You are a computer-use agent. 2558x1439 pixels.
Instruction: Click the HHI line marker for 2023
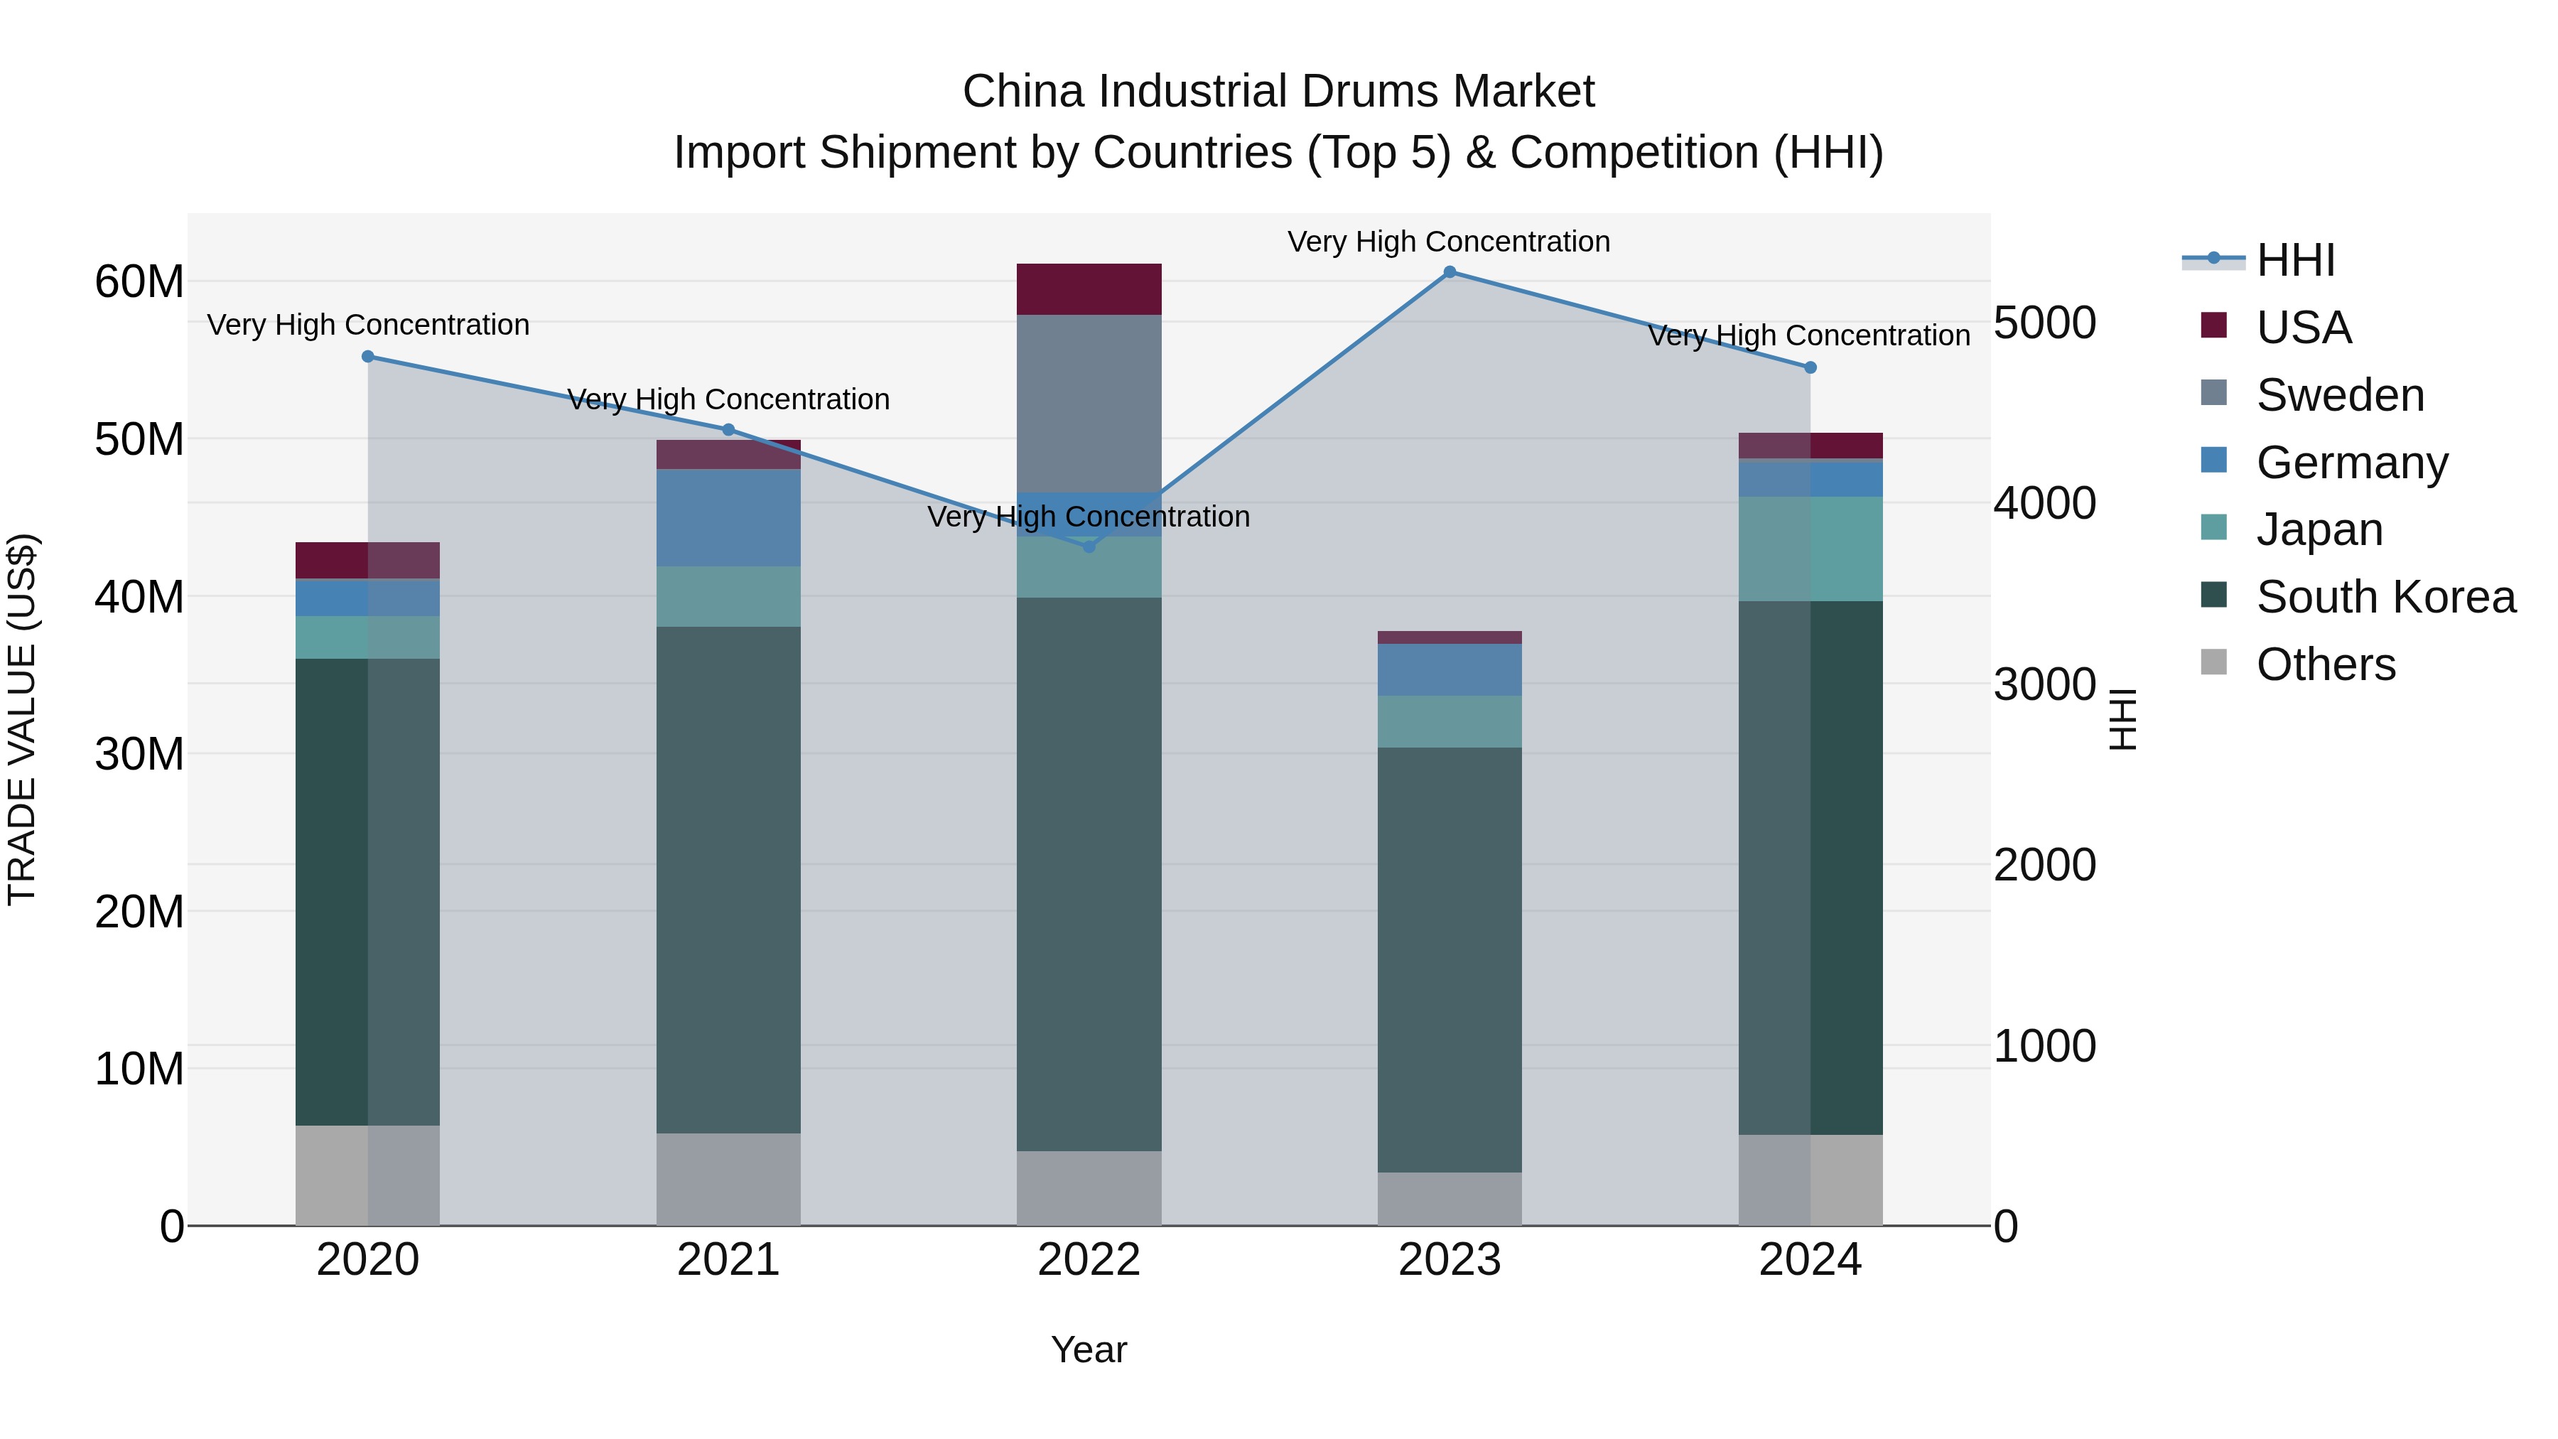click(1449, 272)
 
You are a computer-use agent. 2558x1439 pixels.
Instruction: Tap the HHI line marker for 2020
click(367, 357)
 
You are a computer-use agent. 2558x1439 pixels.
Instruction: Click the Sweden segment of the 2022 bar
click(1089, 402)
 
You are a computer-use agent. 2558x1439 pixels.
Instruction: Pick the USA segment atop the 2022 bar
click(1089, 289)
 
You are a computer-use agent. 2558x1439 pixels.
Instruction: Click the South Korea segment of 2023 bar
click(1449, 959)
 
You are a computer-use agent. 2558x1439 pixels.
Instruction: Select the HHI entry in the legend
click(2294, 260)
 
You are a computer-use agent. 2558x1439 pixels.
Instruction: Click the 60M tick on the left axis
click(139, 282)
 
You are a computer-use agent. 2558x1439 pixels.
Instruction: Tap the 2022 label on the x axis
click(1089, 1260)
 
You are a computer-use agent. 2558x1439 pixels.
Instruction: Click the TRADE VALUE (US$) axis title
click(22, 719)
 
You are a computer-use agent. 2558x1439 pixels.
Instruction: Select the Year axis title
click(1089, 1349)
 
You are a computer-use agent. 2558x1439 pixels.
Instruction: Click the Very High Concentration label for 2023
click(1449, 242)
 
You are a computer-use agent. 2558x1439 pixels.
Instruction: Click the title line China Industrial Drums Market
click(1278, 92)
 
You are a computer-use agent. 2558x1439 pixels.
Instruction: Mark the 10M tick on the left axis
click(139, 1069)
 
